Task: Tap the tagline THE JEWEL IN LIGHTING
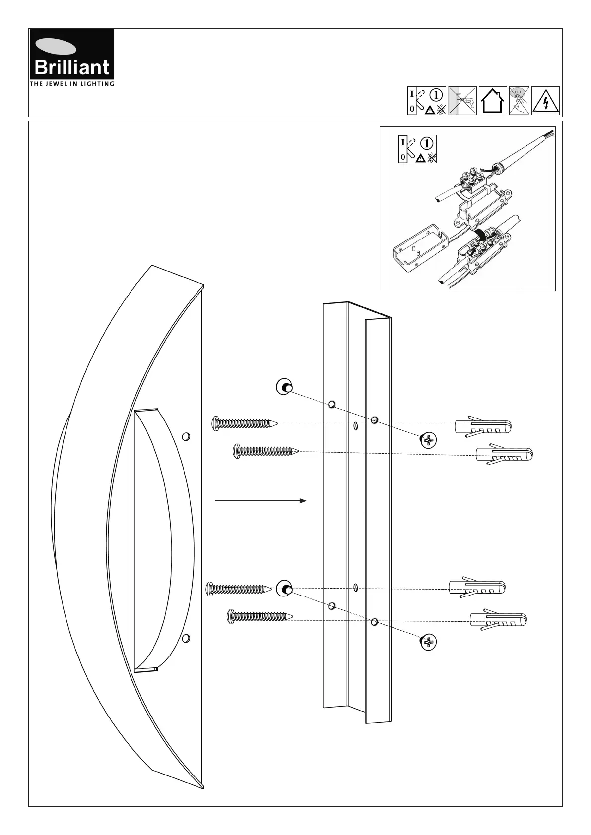coord(72,84)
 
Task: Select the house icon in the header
coord(492,101)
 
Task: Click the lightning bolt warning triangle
coord(545,101)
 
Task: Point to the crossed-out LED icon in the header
coord(519,101)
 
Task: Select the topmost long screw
coord(244,423)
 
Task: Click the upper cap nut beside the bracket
coord(284,387)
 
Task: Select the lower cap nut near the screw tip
coord(285,589)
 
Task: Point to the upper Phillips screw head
coord(429,440)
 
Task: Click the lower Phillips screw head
coord(428,643)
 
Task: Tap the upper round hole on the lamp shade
coord(186,436)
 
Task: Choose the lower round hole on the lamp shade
coord(186,638)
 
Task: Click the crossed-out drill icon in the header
coord(462,101)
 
